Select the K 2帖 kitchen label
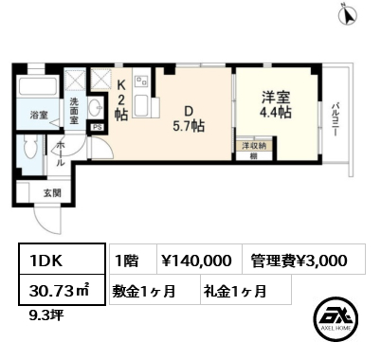pos(122,96)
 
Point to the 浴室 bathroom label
pos(38,117)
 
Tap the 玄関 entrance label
pos(51,193)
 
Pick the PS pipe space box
pos(97,125)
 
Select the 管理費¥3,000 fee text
pos(299,259)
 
